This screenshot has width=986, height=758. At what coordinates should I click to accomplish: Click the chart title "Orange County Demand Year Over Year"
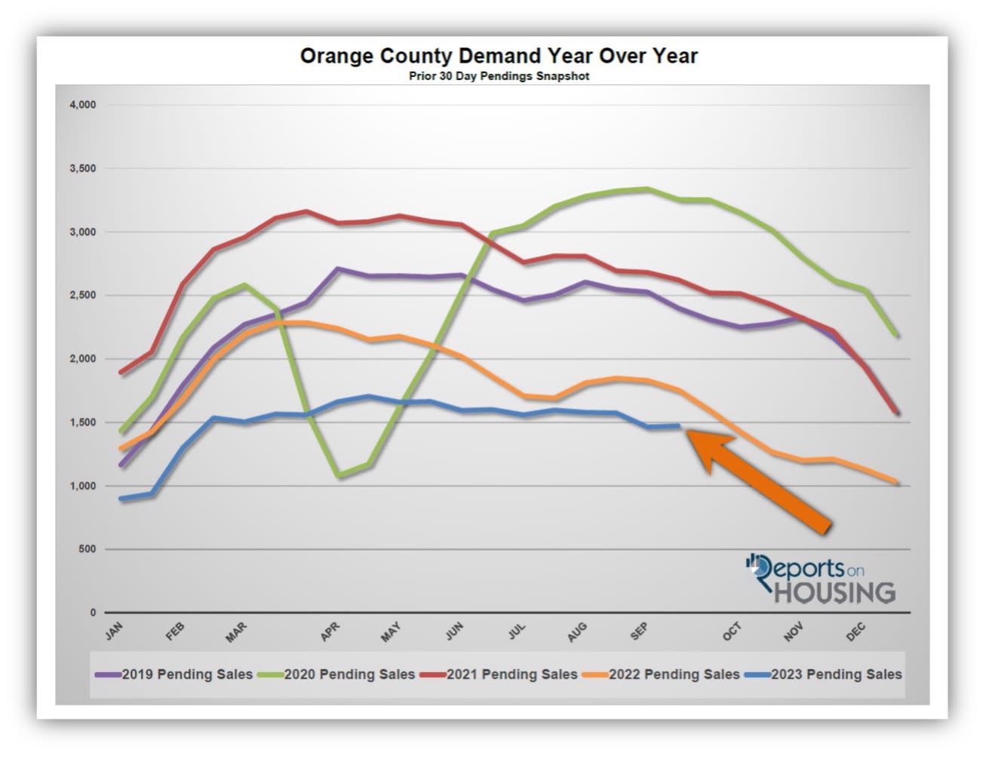coord(499,57)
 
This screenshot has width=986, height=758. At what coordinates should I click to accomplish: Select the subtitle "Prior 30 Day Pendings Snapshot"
coord(499,76)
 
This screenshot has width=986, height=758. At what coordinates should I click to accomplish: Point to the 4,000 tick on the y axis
coord(82,105)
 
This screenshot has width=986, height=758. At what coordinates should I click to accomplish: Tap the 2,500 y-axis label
coord(82,296)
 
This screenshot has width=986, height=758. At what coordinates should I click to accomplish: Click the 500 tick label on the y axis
coord(87,550)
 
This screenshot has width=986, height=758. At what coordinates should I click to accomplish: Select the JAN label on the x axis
coord(114,631)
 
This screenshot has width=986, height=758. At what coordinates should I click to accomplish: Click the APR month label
coord(330,632)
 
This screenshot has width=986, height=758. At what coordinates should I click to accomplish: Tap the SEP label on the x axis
coord(639,632)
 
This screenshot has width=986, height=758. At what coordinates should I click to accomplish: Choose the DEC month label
coord(855,632)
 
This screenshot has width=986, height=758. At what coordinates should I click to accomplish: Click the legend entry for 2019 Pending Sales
coord(175,674)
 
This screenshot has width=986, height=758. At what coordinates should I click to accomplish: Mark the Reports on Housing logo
coord(821,578)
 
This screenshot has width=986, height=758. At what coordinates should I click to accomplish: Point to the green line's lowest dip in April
coord(337,476)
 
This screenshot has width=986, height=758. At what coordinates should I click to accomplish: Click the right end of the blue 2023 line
coord(680,426)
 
